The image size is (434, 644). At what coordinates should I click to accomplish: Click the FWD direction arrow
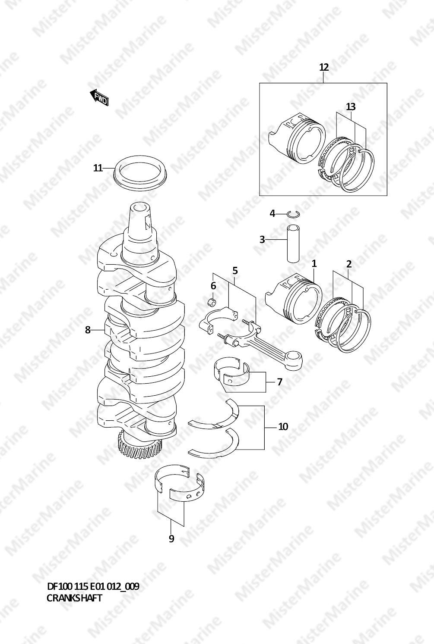click(x=99, y=97)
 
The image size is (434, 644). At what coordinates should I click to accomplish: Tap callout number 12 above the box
click(x=324, y=67)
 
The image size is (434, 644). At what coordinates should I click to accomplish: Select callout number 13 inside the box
click(x=351, y=106)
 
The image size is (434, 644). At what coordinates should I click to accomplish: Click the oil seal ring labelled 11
click(x=140, y=172)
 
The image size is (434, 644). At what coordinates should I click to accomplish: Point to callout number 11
click(x=98, y=168)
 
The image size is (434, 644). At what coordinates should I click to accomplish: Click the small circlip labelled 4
click(x=294, y=214)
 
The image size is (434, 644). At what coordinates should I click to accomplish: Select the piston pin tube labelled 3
click(x=293, y=244)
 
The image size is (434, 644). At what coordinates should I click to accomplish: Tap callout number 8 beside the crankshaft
click(x=88, y=330)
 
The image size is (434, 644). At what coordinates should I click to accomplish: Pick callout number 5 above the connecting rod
click(x=235, y=271)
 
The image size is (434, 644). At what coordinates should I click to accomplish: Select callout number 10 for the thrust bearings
click(x=283, y=427)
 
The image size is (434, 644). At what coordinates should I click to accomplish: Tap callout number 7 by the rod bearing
click(x=279, y=382)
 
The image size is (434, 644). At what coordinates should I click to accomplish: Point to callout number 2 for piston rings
click(x=349, y=264)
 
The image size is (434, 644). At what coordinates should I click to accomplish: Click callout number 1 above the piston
click(x=314, y=263)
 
